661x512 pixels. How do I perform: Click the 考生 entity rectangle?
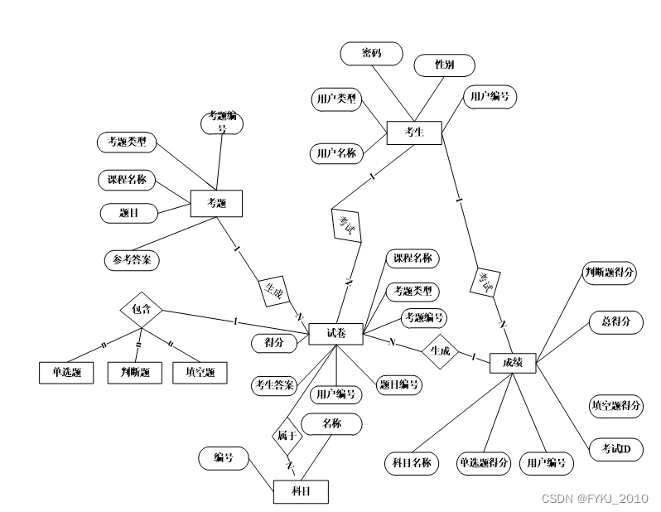414,133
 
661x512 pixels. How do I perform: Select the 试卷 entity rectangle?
335,334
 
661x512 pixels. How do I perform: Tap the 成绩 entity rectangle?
512,362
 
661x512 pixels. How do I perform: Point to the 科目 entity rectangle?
301,491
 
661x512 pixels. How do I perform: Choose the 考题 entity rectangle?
216,203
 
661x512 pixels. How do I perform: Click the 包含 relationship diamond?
141,311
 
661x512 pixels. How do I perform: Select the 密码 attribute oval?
371,54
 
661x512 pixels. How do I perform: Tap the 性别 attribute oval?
445,65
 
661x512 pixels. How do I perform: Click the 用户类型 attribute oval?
335,100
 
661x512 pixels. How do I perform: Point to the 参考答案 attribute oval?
132,259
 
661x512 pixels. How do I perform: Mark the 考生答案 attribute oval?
274,385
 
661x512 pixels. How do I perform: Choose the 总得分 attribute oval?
615,321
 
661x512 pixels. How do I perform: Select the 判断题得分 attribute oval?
610,273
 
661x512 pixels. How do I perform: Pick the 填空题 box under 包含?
200,373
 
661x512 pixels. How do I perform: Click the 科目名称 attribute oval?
412,463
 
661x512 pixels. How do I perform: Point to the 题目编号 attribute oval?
399,384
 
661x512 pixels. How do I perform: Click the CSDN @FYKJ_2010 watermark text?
595,498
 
